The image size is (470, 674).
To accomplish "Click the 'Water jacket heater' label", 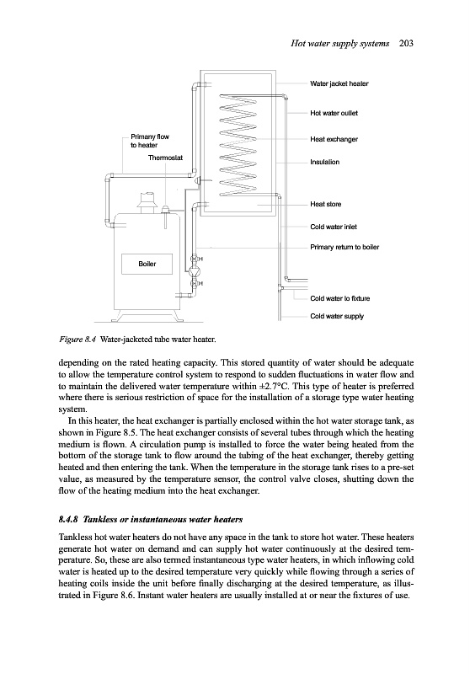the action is coord(339,83).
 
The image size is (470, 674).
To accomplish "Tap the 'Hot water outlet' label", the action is coord(334,113).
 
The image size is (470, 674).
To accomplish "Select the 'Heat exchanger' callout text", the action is coord(334,139).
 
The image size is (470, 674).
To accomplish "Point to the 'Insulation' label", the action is coord(325,162).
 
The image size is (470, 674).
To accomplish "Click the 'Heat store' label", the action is coord(326,204).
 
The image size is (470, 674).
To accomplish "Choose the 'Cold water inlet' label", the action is coord(334,227).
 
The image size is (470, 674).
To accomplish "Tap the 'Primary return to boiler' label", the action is coord(344,247).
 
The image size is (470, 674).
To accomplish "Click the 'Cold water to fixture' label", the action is coord(339,298).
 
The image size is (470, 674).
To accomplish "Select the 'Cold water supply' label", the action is coord(337,317).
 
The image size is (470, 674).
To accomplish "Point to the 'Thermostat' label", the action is coord(165,158).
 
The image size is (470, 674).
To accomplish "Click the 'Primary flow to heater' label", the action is coord(150,141).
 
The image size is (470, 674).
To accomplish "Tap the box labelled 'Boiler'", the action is coord(147,264).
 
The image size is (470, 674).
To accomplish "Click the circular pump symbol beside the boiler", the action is coord(194,271).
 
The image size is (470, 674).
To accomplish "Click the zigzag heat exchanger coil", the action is coord(238,144).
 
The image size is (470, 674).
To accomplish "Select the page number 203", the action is coord(406,43).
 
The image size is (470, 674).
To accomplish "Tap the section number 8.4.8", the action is coord(69,520).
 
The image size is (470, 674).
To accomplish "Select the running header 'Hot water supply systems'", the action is coord(339,43).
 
